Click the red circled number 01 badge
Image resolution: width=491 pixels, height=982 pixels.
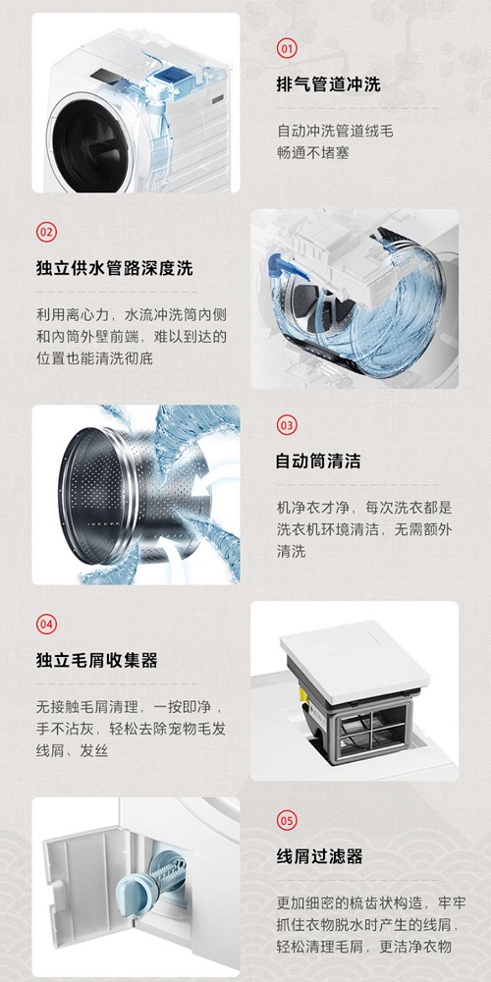click(x=287, y=47)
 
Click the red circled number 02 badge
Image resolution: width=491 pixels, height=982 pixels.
click(x=46, y=232)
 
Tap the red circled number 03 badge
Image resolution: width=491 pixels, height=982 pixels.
click(x=287, y=425)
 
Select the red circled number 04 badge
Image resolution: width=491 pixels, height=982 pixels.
click(x=46, y=624)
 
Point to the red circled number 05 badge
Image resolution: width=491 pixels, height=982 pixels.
click(x=287, y=820)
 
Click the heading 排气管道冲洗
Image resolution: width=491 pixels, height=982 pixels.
click(x=328, y=84)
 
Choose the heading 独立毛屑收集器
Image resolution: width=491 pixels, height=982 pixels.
click(x=96, y=660)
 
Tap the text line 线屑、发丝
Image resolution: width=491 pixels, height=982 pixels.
click(x=72, y=749)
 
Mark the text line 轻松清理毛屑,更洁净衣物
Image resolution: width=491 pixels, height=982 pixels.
click(x=363, y=946)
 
